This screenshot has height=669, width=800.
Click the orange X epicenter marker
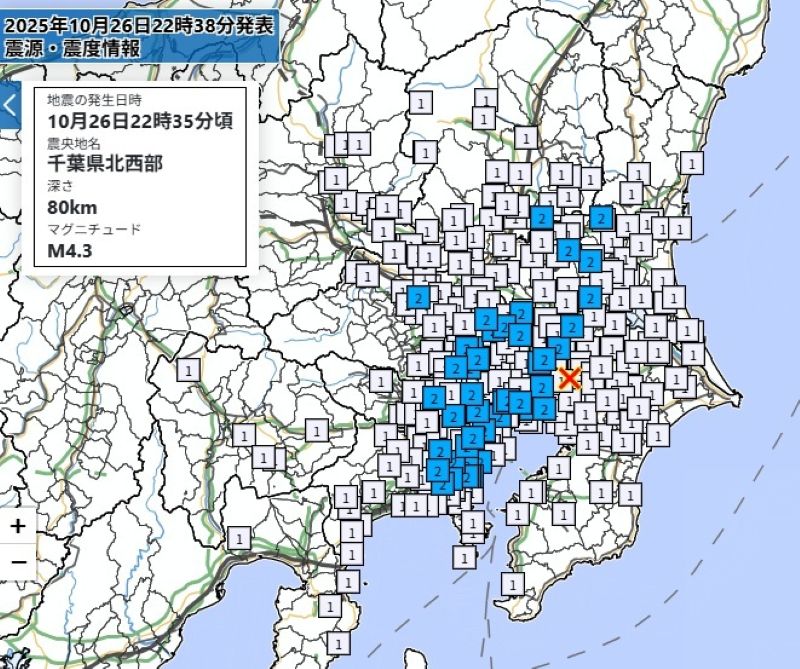pyautogui.click(x=569, y=377)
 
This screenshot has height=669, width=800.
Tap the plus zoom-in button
pyautogui.click(x=18, y=525)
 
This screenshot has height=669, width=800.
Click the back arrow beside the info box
pyautogui.click(x=9, y=104)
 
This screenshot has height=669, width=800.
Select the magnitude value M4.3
pyautogui.click(x=70, y=250)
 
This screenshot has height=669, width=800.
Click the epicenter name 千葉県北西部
pyautogui.click(x=104, y=163)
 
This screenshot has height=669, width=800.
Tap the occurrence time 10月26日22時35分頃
pyautogui.click(x=140, y=120)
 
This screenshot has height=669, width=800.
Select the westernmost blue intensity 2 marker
pyautogui.click(x=418, y=297)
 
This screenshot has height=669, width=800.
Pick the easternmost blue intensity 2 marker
pyautogui.click(x=601, y=218)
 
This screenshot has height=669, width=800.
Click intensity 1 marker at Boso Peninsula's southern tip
pyautogui.click(x=511, y=582)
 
